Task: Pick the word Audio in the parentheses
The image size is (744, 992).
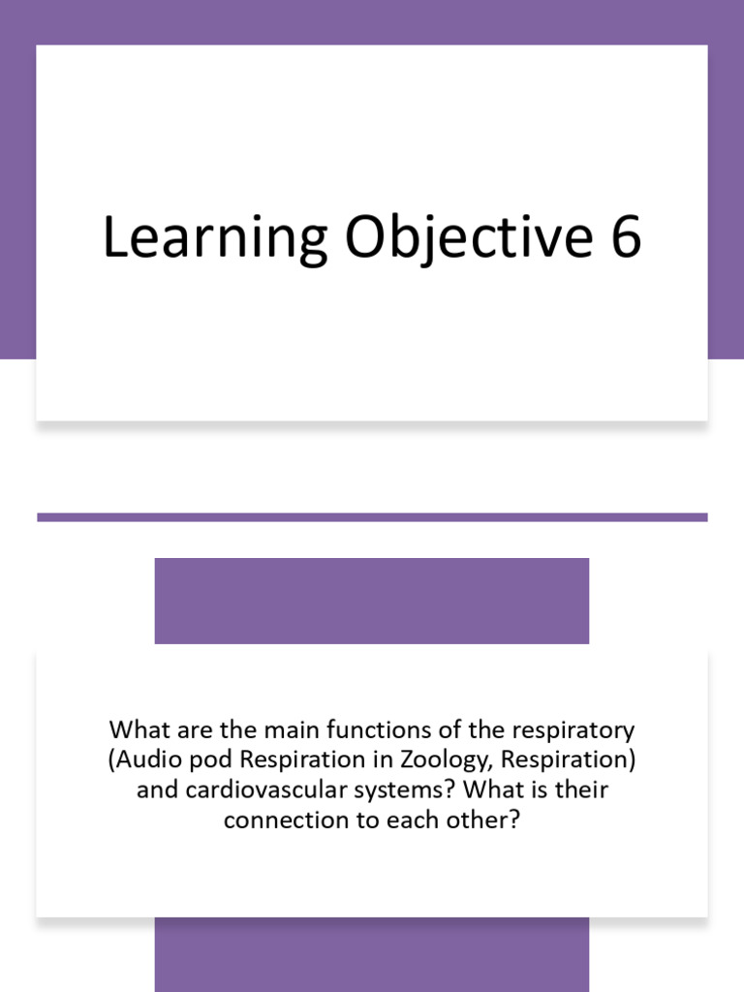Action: click(146, 759)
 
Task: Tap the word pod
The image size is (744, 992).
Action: click(205, 759)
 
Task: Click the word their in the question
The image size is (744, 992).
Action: click(578, 790)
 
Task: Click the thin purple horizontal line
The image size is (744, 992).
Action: click(372, 517)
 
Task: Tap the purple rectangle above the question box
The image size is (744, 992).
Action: click(372, 601)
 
